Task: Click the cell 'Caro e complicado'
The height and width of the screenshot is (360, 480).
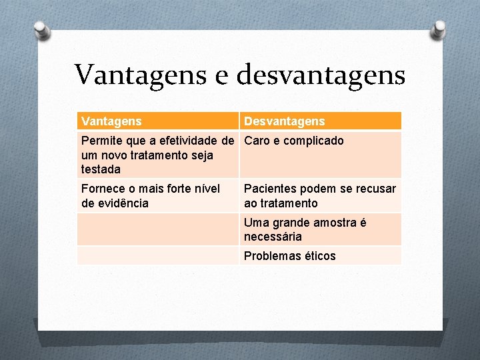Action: [294, 141]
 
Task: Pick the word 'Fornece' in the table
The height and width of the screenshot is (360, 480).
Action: [103, 189]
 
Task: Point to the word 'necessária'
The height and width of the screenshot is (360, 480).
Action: [273, 237]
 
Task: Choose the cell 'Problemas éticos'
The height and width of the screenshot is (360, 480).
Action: [290, 256]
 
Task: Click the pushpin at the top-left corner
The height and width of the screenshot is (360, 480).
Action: [42, 29]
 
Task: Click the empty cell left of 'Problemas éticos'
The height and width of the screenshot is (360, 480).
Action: [157, 256]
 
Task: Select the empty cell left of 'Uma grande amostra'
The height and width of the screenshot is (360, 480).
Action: [157, 229]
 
